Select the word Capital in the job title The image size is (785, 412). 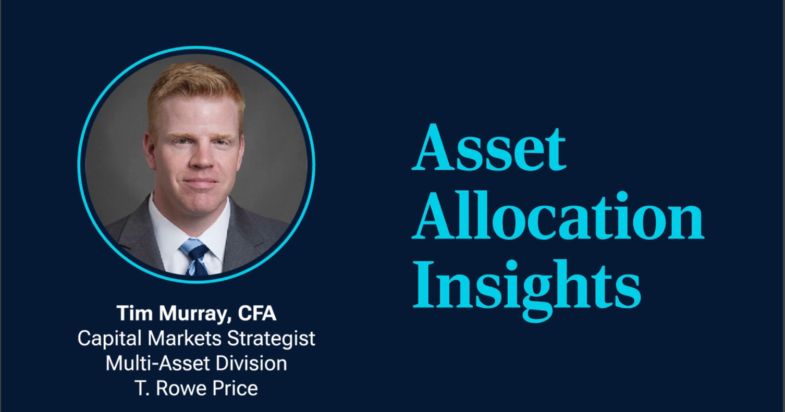click(109, 339)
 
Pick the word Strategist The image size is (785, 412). click(271, 339)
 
